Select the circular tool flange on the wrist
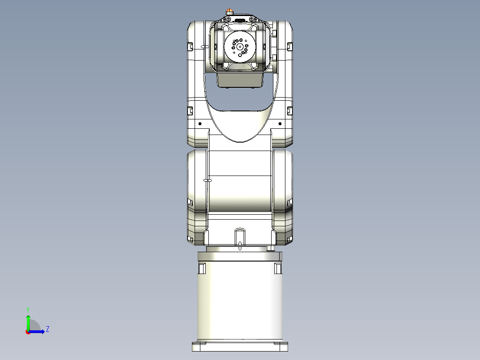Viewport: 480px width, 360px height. click(240, 46)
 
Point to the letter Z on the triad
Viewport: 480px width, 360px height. click(47, 329)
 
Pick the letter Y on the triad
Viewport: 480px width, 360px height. click(28, 309)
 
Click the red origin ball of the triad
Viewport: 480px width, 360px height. click(28, 332)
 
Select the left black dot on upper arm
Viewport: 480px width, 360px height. click(200, 123)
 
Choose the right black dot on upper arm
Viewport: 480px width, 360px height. click(280, 123)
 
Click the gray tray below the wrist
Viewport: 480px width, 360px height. click(240, 80)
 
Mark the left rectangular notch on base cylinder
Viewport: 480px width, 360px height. click(201, 268)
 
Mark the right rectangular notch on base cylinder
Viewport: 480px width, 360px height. click(278, 268)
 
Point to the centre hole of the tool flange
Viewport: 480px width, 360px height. click(240, 46)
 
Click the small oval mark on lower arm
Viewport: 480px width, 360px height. click(207, 180)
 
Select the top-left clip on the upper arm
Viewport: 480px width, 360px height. click(190, 46)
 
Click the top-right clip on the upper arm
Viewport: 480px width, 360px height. click(289, 46)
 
